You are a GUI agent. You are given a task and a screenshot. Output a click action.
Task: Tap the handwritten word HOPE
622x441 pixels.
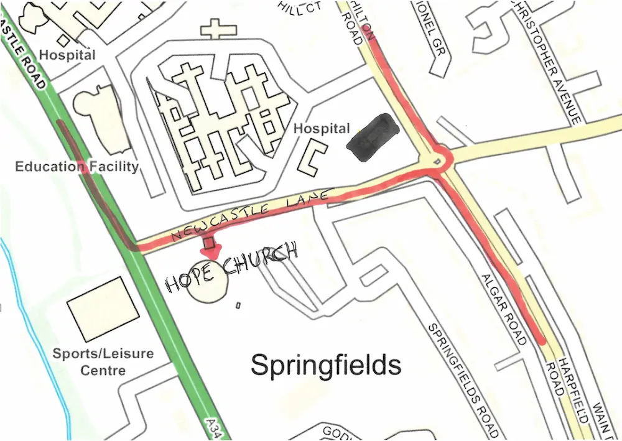[186, 281]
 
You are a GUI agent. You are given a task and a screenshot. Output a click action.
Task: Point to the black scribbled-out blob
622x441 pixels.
[373, 137]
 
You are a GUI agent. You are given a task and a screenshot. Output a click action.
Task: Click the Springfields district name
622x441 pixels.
[325, 365]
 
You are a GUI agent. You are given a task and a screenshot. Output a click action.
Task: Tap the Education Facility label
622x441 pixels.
[77, 166]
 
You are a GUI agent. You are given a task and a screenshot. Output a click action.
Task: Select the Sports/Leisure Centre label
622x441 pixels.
[103, 362]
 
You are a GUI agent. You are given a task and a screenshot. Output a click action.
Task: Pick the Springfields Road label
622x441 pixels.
[463, 379]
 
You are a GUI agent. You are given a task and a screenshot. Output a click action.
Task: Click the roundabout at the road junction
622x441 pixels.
[440, 159]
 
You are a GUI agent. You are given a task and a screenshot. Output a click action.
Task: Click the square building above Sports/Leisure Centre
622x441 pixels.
[103, 309]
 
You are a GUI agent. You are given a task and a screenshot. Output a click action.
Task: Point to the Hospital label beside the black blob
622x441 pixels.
[322, 129]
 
